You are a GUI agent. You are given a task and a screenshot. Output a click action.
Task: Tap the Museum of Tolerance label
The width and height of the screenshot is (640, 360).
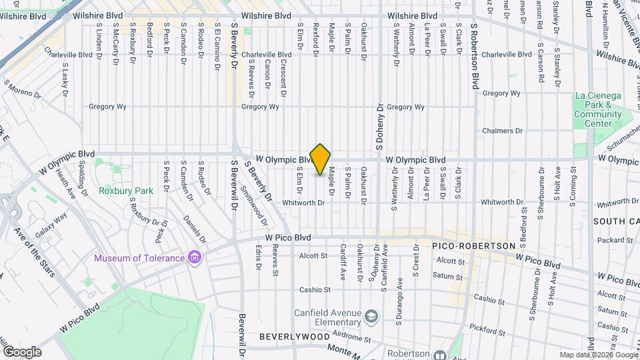[139, 258]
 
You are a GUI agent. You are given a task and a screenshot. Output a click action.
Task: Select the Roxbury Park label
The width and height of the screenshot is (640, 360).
[126, 191]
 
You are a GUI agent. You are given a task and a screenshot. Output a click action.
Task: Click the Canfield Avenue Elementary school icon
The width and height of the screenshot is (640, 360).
[371, 315]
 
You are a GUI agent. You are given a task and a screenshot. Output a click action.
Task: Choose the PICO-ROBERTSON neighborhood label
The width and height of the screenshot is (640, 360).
[473, 246]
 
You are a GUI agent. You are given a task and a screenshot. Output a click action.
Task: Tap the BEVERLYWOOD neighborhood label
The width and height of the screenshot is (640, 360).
[294, 337]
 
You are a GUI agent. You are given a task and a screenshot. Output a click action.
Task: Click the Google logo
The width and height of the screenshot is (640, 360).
[21, 351]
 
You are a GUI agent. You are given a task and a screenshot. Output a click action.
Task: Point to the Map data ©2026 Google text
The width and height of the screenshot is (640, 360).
[597, 355]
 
